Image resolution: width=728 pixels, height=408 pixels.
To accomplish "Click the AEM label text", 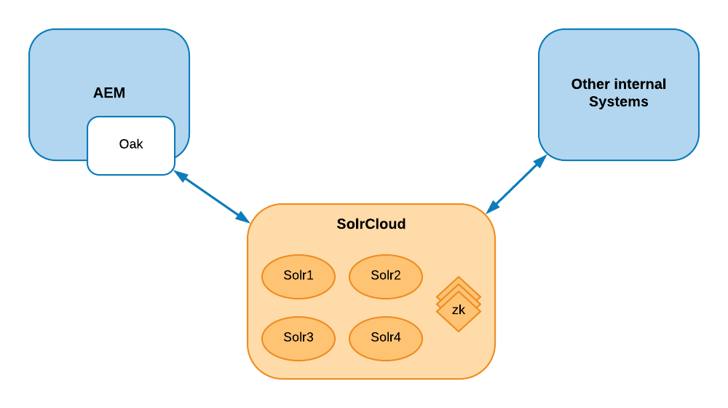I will pyautogui.click(x=109, y=93).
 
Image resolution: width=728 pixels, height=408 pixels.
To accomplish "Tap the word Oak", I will pyautogui.click(x=131, y=144).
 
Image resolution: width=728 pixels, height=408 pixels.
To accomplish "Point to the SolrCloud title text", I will pyautogui.click(x=371, y=224).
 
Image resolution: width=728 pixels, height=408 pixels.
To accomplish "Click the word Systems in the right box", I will pyautogui.click(x=619, y=102).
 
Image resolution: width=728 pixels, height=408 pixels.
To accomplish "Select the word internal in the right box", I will pyautogui.click(x=640, y=85).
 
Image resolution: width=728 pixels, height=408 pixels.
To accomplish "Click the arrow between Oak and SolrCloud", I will pyautogui.click(x=211, y=196).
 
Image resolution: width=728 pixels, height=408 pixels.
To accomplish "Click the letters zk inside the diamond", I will pyautogui.click(x=459, y=310).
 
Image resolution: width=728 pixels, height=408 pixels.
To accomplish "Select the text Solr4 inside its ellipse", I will pyautogui.click(x=386, y=337).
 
